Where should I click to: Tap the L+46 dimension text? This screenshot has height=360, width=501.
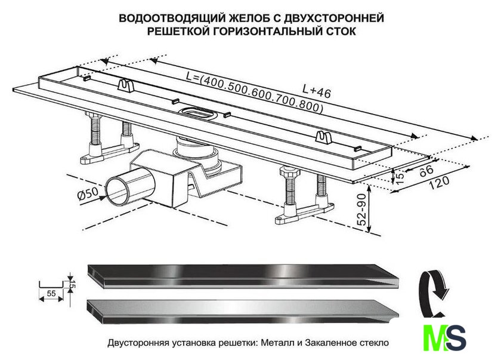tap(317, 91)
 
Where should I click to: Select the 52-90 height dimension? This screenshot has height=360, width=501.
tap(362, 209)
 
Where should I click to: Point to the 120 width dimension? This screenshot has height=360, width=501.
tap(438, 182)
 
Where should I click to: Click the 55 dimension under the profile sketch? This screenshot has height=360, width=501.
tap(51, 293)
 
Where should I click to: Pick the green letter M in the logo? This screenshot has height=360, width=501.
tap(434, 338)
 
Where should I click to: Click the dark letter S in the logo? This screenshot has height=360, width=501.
tap(456, 338)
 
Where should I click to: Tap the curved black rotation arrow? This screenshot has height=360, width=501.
tap(432, 293)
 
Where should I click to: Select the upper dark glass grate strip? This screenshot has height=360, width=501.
tap(243, 276)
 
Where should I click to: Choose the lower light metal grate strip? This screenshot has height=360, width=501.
tap(243, 312)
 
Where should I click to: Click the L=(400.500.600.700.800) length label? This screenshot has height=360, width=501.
tap(254, 93)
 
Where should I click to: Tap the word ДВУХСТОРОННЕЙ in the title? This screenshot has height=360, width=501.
tap(333, 19)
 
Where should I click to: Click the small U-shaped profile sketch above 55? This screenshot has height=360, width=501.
tap(51, 285)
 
